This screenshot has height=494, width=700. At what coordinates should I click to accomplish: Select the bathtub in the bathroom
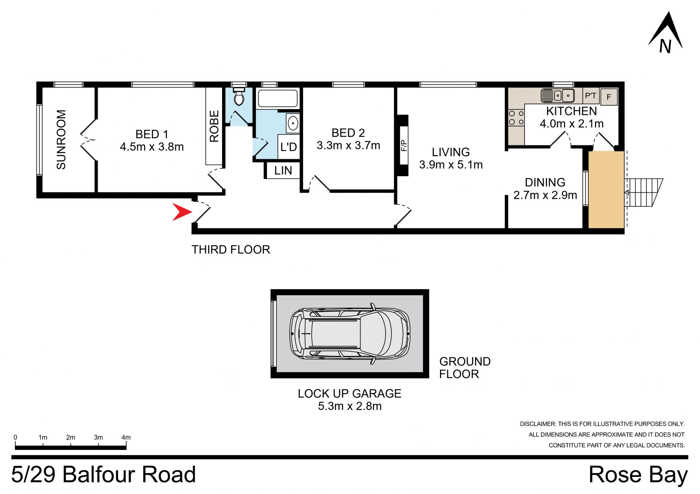tap(278, 98)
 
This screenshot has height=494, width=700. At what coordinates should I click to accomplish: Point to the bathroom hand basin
tap(293, 123)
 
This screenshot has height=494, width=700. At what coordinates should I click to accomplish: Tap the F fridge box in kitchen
tap(609, 97)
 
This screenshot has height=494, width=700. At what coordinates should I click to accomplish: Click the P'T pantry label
tap(591, 96)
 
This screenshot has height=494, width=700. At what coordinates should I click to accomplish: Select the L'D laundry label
tap(289, 147)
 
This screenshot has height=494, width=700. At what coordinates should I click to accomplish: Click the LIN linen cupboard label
tap(283, 170)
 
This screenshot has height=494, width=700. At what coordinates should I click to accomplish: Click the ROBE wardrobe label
tap(214, 126)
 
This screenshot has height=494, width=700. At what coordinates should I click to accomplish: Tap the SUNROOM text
tap(61, 140)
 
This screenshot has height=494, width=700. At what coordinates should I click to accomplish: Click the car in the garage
tap(350, 333)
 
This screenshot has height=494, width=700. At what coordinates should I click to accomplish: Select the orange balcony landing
tap(606, 190)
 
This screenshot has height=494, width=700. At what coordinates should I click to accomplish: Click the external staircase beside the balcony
tap(644, 192)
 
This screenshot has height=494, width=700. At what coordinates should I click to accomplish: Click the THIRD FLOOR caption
tap(231, 250)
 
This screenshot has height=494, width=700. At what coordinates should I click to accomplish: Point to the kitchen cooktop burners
tap(516, 118)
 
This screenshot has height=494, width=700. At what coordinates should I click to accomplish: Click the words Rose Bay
tap(638, 475)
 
